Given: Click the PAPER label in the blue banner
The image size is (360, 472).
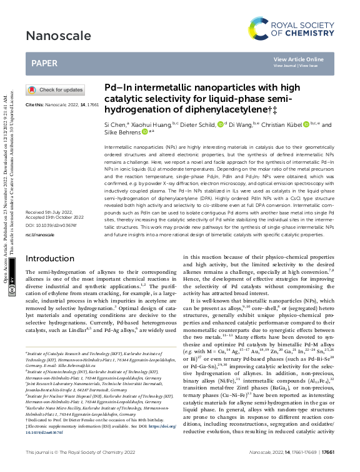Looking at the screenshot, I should coord(47,63).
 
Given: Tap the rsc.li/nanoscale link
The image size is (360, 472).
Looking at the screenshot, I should coord(39,235).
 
